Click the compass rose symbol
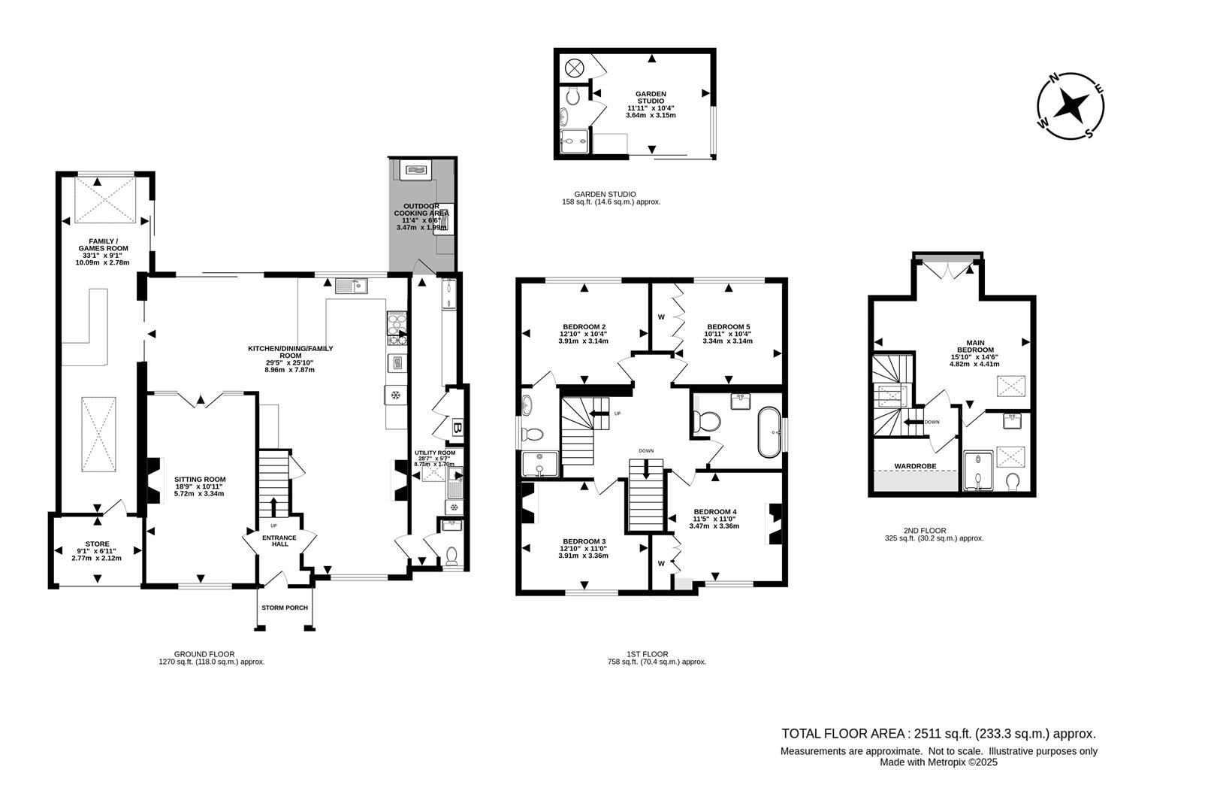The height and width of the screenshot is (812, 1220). pos(1071,106)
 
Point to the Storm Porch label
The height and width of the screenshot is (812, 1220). pos(285,607)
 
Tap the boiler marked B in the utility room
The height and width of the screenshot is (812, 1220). pos(457,429)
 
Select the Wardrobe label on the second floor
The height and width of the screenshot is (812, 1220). pos(913,466)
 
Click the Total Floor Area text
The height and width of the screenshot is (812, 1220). pos(938,734)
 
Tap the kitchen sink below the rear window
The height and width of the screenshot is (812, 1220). pos(351,286)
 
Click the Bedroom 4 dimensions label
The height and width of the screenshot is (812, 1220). pos(714,523)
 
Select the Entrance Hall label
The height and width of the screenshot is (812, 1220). pos(279,541)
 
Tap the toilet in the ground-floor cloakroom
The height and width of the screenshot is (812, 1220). pos(451,556)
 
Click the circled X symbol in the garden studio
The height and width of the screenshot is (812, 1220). pos(574,68)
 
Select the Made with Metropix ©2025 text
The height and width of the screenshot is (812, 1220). pos(938,762)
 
